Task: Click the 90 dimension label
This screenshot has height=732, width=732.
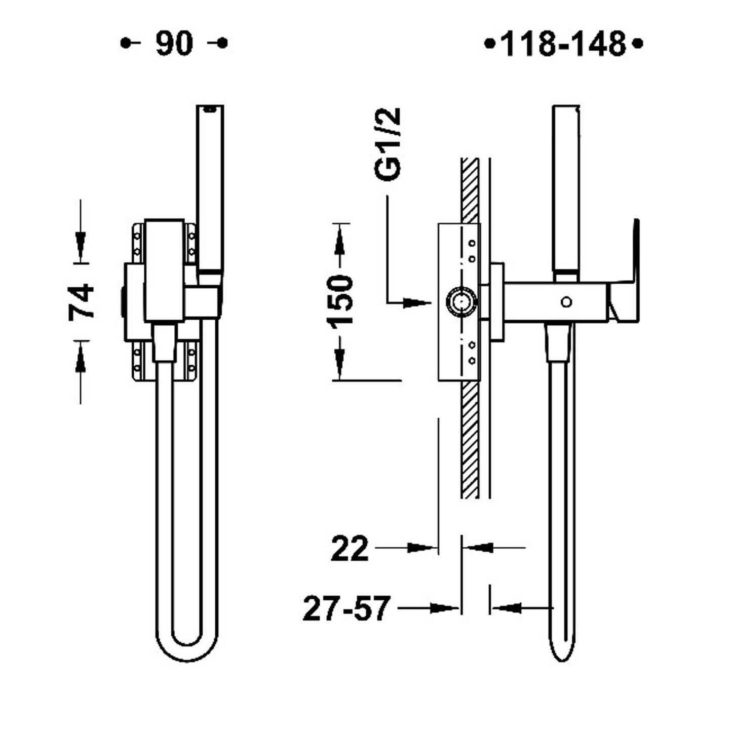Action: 174,44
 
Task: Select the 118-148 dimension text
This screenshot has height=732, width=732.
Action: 563,44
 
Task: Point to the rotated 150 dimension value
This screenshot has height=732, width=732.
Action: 339,300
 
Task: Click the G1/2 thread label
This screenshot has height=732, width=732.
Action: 389,144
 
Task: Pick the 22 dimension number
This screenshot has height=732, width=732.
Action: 350,549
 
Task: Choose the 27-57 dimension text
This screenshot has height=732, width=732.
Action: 347,608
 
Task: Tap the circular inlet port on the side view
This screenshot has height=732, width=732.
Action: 461,302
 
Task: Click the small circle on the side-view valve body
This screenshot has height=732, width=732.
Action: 566,302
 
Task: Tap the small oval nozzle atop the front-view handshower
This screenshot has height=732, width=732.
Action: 209,108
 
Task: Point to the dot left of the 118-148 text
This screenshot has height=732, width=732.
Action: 489,44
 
